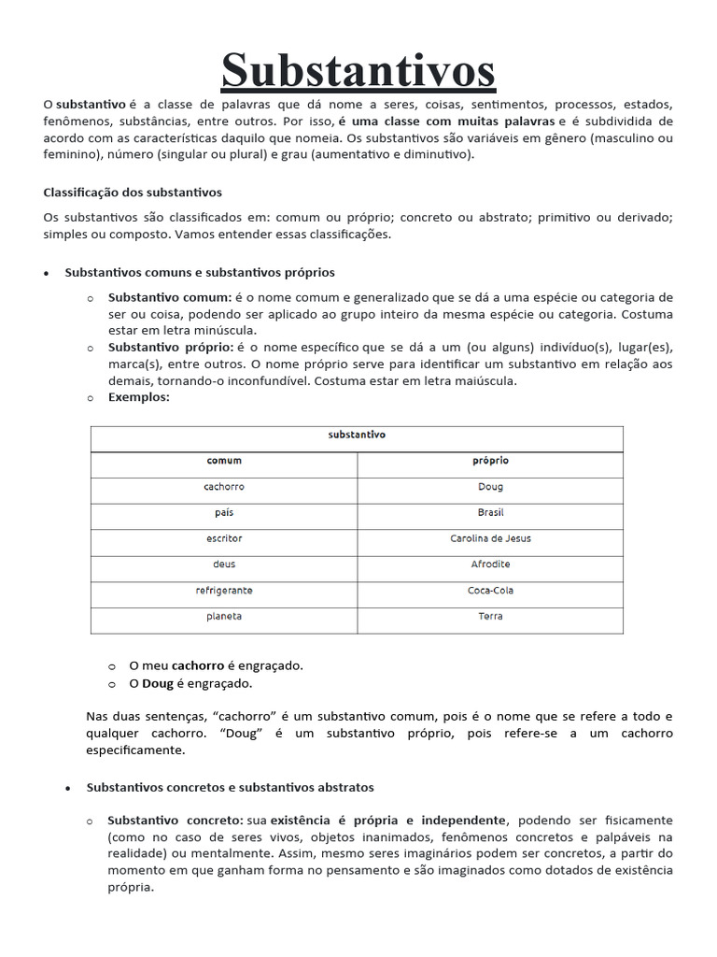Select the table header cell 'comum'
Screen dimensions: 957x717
point(224,461)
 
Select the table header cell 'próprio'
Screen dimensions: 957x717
point(490,461)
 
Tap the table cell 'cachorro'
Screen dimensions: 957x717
point(224,487)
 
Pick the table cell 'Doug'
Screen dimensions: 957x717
point(490,487)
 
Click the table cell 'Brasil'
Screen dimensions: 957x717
point(490,513)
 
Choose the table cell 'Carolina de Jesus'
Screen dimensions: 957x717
point(490,539)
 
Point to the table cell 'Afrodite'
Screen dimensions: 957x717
point(490,564)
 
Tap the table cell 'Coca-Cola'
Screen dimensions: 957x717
point(490,591)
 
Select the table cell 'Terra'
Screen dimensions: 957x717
point(490,616)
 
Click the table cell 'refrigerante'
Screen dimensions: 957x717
point(224,591)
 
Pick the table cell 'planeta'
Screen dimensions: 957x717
point(224,616)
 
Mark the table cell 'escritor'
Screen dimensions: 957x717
point(224,539)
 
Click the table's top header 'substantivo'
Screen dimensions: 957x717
point(357,435)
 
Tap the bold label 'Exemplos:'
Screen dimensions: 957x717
point(139,397)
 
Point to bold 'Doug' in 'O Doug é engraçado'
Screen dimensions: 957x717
point(158,684)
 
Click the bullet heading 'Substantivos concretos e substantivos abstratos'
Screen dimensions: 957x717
point(230,788)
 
